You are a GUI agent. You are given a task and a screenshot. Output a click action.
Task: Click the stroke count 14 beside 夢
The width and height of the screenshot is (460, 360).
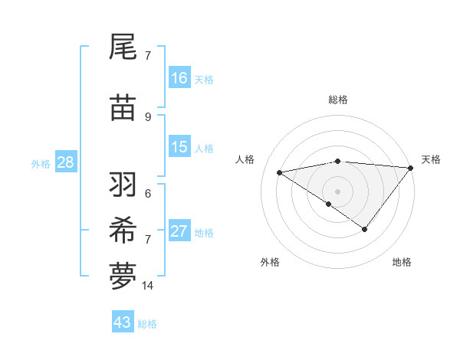point(148,286)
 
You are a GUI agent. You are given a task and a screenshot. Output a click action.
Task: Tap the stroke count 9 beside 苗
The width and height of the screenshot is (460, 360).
point(148,116)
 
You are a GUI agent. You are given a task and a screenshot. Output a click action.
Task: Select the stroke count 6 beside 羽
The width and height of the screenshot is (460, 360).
point(148,192)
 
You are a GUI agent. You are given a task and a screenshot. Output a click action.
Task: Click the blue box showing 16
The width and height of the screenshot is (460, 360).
point(179,78)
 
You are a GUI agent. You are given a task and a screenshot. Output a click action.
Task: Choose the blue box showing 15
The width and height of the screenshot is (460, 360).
point(179,147)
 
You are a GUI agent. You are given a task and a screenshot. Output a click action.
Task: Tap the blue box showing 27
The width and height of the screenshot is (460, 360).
point(179,231)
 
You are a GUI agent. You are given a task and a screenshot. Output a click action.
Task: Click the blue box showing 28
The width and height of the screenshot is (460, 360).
point(65,162)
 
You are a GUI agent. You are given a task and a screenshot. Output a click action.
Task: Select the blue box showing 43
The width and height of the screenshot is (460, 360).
point(123,322)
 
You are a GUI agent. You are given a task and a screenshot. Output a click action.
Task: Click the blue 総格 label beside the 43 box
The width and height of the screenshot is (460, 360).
point(147,324)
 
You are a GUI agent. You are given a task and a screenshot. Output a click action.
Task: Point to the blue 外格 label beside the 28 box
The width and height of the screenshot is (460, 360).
point(41,164)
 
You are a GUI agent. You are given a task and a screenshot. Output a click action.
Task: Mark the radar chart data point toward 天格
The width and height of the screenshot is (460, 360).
point(410,168)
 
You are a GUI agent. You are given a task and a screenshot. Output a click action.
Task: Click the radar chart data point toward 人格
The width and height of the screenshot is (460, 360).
point(279,172)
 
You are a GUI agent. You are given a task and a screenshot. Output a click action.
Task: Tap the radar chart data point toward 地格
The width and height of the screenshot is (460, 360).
point(365,229)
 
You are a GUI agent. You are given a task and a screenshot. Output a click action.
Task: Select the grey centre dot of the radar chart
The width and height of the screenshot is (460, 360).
point(337,191)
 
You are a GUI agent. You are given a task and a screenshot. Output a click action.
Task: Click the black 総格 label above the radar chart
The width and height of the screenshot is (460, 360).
point(337,100)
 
